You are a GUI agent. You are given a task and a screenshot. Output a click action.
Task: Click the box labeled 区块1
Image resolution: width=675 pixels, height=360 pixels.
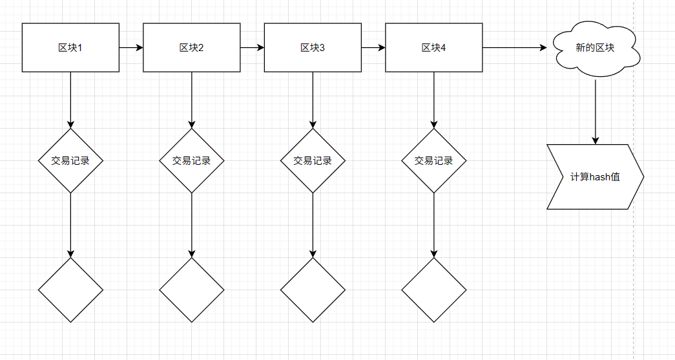coord(70,47)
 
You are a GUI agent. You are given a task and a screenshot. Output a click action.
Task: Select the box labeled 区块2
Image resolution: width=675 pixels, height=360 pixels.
coord(192,47)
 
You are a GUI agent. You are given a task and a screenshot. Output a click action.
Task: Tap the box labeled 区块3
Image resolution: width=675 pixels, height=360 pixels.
coord(313,47)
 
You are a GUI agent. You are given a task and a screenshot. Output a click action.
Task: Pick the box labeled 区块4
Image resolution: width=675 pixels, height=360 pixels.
coord(434,47)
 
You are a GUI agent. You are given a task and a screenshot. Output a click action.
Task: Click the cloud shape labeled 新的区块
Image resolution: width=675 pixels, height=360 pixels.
coord(596,47)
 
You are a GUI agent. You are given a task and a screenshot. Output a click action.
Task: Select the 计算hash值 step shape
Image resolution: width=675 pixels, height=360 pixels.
coord(596,177)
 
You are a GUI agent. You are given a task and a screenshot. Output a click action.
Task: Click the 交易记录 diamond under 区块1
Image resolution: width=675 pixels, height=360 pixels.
coord(70,161)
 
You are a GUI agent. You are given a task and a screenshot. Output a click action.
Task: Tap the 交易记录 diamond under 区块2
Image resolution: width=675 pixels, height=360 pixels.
coord(192,161)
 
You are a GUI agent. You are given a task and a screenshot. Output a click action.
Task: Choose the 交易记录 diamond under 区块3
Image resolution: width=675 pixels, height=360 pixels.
coord(313,161)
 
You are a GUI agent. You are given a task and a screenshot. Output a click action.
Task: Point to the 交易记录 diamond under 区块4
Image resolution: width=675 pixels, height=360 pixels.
coord(434,161)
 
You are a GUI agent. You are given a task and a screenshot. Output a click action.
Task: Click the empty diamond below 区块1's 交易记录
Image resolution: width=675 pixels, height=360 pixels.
coord(70,290)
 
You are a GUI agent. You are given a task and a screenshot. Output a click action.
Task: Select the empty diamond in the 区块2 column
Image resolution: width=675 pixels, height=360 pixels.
coord(192,290)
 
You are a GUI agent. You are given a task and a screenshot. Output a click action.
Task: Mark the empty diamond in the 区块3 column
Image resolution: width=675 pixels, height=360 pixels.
coord(313,290)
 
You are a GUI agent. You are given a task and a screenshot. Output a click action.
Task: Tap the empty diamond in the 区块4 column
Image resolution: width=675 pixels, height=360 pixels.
coord(434,290)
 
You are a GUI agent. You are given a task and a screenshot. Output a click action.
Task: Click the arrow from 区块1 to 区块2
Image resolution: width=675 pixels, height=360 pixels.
coord(131,47)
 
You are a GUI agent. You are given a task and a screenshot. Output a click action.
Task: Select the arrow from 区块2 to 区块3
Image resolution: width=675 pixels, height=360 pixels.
coord(253,47)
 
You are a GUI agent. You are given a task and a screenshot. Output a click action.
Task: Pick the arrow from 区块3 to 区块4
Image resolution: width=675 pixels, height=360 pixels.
coord(373,47)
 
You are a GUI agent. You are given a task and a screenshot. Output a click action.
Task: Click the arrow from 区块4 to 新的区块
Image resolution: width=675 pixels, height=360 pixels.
coord(515,47)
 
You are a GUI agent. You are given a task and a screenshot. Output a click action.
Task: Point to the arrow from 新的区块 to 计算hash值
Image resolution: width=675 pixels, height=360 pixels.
coord(596,112)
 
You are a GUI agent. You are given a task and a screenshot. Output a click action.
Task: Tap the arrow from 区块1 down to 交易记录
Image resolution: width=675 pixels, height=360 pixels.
coord(70,100)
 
